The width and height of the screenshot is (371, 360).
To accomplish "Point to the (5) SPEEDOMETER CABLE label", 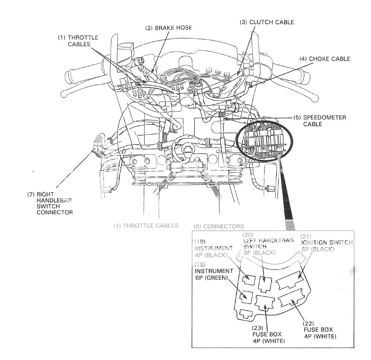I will (320, 121).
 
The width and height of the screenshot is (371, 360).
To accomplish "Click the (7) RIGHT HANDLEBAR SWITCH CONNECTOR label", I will (49, 203).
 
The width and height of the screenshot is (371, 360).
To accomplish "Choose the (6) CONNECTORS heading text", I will (218, 226).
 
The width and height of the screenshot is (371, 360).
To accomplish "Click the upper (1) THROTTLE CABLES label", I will (78, 41).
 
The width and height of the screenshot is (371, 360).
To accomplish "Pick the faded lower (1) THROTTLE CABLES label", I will (146, 225).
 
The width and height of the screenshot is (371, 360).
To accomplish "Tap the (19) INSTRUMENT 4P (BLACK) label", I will (213, 252).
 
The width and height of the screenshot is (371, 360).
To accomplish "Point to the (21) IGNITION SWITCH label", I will (327, 246).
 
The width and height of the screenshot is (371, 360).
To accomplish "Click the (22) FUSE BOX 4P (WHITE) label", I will (317, 329).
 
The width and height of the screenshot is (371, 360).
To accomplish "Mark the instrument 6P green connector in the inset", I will (246, 297).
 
